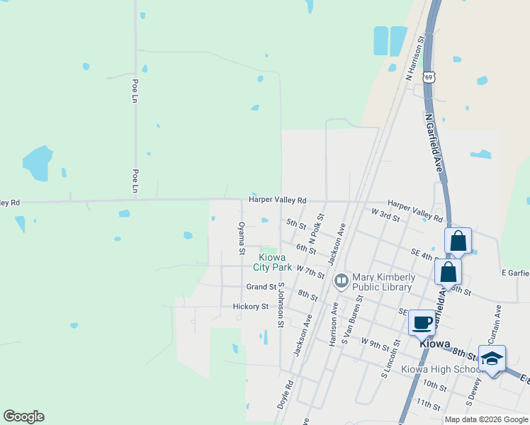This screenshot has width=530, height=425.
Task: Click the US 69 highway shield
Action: (428, 76)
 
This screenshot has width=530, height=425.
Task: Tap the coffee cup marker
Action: (422, 322)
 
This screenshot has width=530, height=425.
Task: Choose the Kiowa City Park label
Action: (275, 262)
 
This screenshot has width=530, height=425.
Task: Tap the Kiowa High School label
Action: (441, 369)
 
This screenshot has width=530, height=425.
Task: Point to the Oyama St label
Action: (242, 238)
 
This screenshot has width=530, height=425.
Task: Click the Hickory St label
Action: (251, 307)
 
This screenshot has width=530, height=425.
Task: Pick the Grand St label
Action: (261, 287)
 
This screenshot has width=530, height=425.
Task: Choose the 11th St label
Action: (429, 404)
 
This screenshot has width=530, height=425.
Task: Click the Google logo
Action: (23, 416)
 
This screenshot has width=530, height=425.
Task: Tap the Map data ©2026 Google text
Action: (485, 419)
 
